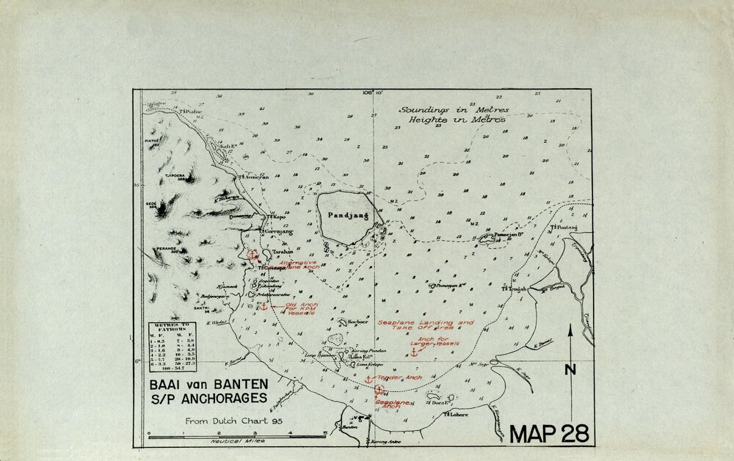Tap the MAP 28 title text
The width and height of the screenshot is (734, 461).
549,434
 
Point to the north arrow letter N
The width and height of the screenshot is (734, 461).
570,370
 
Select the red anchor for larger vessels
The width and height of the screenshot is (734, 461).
413,352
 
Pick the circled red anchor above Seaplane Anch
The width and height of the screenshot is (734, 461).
379,391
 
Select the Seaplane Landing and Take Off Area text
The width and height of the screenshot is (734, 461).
426,326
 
